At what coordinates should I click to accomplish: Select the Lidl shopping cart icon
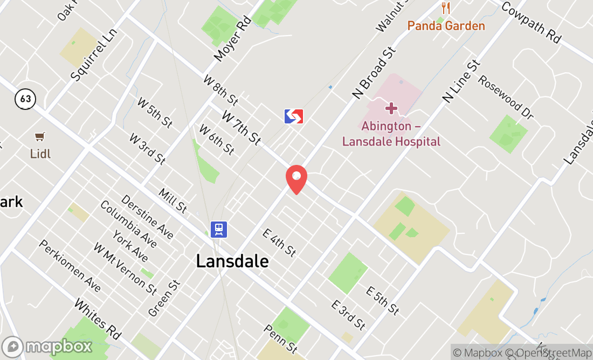coord(39,137)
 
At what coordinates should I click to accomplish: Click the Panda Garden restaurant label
coord(446,25)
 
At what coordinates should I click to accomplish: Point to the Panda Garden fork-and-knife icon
coord(445,8)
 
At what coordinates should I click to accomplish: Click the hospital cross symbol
coord(391,109)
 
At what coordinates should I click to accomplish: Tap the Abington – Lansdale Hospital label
coord(391,134)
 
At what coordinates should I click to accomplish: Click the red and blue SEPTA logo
coord(294,116)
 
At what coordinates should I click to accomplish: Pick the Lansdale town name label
coord(232,261)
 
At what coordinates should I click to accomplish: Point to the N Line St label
coord(461,81)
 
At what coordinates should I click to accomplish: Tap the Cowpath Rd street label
coord(532,22)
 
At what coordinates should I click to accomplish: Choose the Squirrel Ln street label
coord(94,55)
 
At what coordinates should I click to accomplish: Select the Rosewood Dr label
coord(506,98)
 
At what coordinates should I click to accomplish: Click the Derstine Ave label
coord(147,217)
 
